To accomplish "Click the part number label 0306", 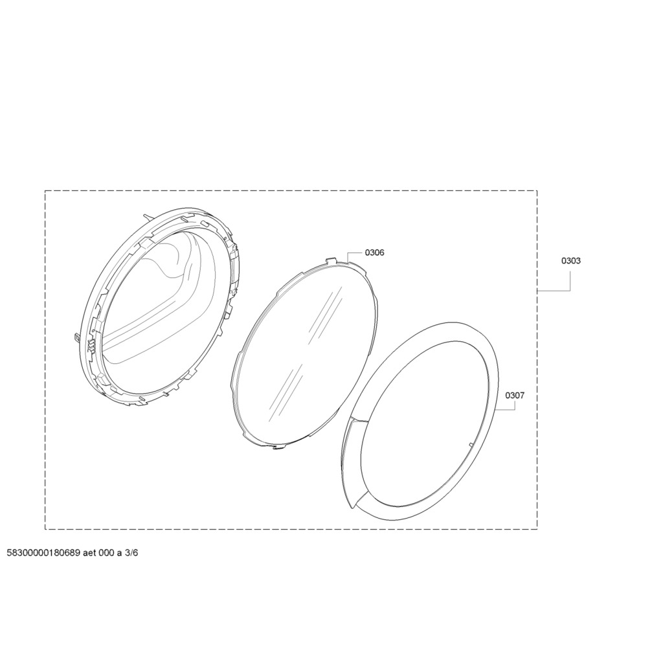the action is (375, 253).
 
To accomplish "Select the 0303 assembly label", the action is (571, 261).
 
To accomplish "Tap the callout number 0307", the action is (515, 396).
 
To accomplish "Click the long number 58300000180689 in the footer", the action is (43, 553).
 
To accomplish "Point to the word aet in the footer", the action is (89, 553).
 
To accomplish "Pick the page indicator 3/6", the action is (131, 553).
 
